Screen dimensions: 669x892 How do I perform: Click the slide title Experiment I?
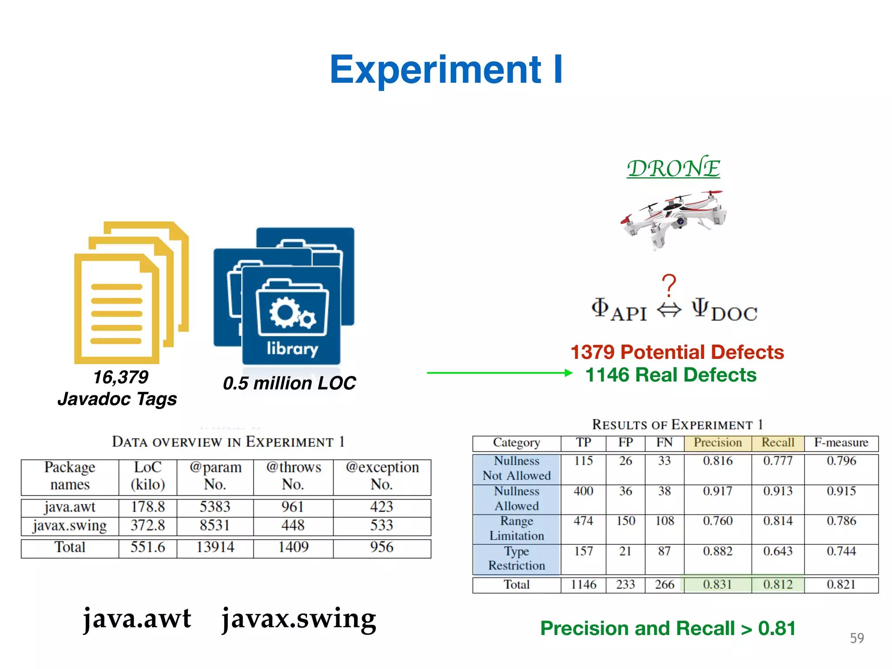pyautogui.click(x=446, y=70)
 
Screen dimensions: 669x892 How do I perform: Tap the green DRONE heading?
pyautogui.click(x=673, y=168)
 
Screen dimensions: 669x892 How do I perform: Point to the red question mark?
pyautogui.click(x=669, y=286)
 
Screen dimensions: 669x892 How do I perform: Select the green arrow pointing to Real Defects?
pyautogui.click(x=499, y=373)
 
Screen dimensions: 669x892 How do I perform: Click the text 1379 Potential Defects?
pyautogui.click(x=677, y=352)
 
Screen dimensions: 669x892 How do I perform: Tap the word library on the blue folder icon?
pyautogui.click(x=292, y=348)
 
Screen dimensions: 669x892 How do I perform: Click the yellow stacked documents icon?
pyautogui.click(x=131, y=292)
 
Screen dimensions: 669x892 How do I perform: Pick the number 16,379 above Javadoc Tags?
pyautogui.click(x=121, y=377)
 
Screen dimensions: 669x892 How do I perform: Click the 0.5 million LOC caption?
pyautogui.click(x=289, y=383)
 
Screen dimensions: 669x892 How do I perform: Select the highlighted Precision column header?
pyautogui.click(x=717, y=443)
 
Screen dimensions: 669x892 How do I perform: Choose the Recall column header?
pyautogui.click(x=777, y=443)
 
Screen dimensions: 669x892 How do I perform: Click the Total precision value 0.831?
pyautogui.click(x=717, y=585)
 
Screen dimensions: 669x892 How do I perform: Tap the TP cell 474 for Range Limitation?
pyautogui.click(x=583, y=521)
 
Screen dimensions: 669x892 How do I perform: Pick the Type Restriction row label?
pyautogui.click(x=517, y=558)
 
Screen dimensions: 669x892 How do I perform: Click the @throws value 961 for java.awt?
pyautogui.click(x=293, y=507)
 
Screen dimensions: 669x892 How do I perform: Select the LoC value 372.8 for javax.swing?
pyautogui.click(x=148, y=525)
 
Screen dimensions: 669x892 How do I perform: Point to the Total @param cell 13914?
pyautogui.click(x=215, y=547)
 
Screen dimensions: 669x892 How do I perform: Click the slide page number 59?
pyautogui.click(x=857, y=638)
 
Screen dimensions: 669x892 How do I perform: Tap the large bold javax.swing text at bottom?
pyautogui.click(x=299, y=618)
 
